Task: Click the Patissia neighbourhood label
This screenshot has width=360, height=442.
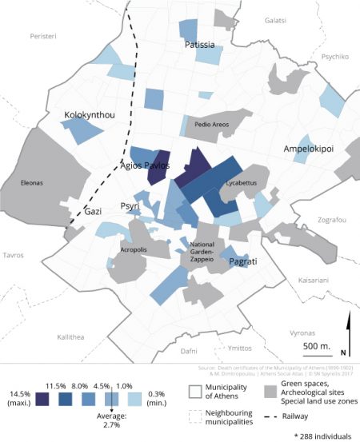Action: (199, 46)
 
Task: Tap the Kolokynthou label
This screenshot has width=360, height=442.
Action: (90, 116)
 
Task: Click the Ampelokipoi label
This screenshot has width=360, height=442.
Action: (308, 149)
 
